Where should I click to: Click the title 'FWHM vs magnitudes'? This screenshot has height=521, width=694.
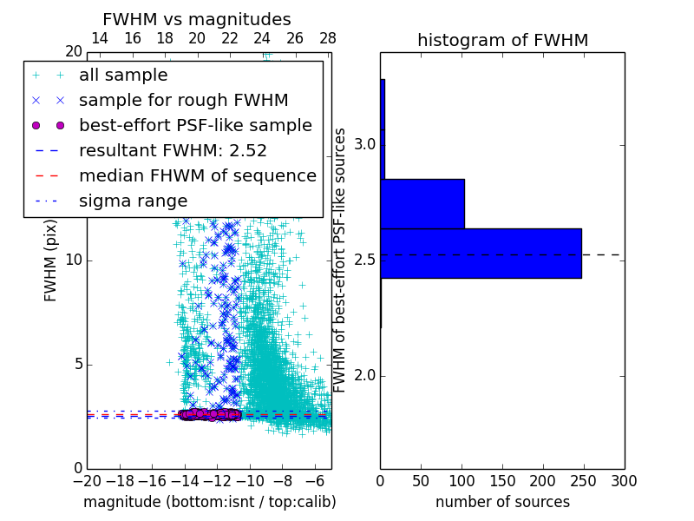click(x=197, y=19)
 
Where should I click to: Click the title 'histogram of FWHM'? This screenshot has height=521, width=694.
click(x=502, y=40)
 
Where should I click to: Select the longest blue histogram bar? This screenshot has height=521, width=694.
click(x=481, y=253)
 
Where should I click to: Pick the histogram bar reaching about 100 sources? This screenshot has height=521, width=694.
click(x=422, y=203)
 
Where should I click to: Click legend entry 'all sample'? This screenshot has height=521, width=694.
click(x=123, y=76)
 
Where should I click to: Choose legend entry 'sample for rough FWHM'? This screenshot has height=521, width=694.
click(x=183, y=100)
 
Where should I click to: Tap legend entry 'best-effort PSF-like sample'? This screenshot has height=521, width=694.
click(x=195, y=125)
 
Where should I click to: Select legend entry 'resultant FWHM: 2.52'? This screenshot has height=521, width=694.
click(x=173, y=150)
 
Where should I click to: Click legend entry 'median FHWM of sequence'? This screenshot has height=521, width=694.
click(x=197, y=175)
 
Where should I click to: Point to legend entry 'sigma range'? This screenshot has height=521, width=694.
click(x=133, y=201)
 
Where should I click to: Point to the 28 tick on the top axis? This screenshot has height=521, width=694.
click(x=327, y=39)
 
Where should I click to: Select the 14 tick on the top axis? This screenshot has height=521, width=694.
click(x=100, y=39)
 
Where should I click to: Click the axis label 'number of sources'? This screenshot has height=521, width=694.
click(x=502, y=502)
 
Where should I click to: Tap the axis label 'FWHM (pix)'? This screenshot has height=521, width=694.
click(x=51, y=261)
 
